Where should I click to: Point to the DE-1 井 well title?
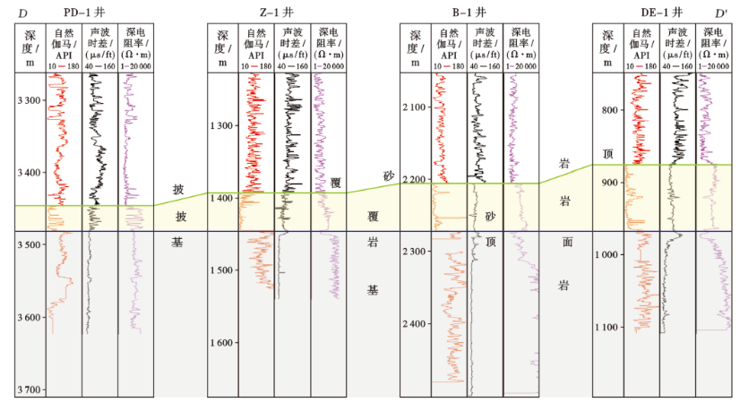click(664, 13)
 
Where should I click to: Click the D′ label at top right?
click(721, 13)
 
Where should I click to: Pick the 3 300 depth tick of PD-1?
click(30, 99)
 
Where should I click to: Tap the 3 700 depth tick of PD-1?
click(30, 389)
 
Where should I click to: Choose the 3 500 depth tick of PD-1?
click(30, 244)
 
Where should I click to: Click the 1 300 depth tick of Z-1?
click(223, 125)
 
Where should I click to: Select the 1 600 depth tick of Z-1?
click(223, 343)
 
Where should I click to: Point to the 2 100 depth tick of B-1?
click(416, 107)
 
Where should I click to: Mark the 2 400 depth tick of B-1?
click(416, 324)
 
